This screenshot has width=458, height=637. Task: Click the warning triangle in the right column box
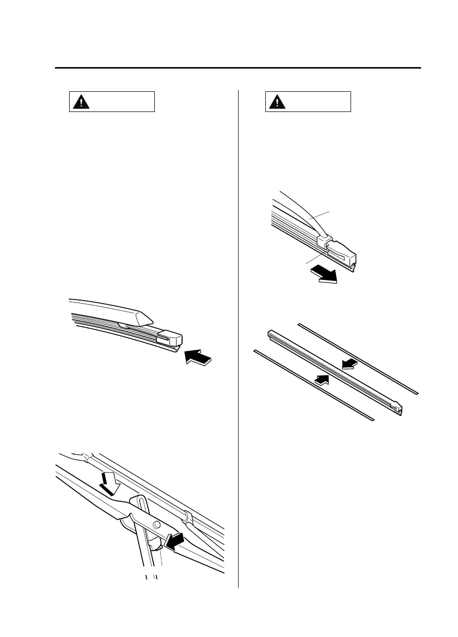pyautogui.click(x=276, y=102)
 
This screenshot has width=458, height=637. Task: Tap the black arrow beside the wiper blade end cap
pyautogui.click(x=198, y=357)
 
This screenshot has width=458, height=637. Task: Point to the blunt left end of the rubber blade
pyautogui.click(x=269, y=332)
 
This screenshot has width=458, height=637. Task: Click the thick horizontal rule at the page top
pyautogui.click(x=237, y=68)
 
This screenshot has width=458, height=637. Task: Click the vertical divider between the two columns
pyautogui.click(x=238, y=338)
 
